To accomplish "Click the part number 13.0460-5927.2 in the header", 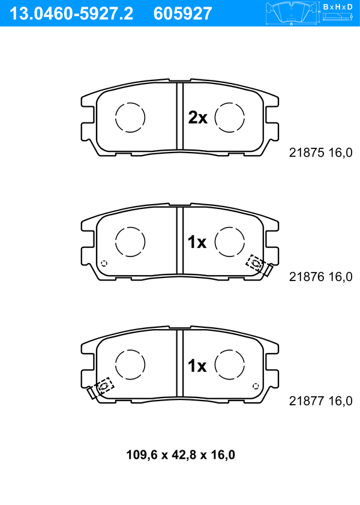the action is (x=71, y=14).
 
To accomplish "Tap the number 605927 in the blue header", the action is (x=183, y=14).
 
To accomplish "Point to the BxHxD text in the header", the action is (x=338, y=7).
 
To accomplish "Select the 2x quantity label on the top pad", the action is (x=197, y=118).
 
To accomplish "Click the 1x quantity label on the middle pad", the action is (x=197, y=242).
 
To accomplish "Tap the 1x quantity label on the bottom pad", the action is (x=197, y=366).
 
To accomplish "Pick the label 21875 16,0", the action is (x=321, y=153).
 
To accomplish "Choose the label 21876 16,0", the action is (x=321, y=277).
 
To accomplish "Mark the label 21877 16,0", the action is (x=321, y=401).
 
